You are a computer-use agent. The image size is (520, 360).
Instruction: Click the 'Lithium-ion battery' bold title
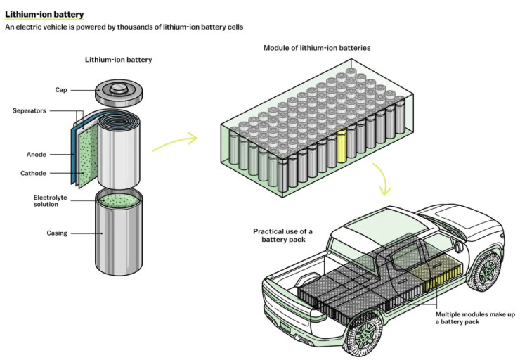pos(45,13)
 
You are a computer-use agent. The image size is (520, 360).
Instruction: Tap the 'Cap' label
pos(60,90)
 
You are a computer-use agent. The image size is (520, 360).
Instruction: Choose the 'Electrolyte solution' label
pos(51,201)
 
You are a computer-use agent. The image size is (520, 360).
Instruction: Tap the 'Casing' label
pos(57,233)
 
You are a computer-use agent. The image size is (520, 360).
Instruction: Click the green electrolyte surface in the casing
pos(117,200)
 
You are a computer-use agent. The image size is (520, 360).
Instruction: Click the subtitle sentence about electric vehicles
pos(124,27)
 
